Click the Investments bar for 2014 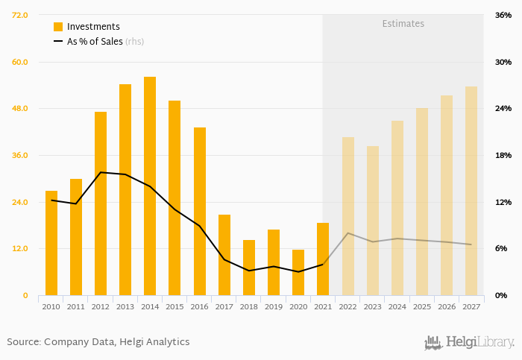150,186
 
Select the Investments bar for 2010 51,243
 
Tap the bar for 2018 249,268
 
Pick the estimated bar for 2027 471,191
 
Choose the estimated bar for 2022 348,216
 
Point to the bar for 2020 298,273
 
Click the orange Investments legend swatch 58,27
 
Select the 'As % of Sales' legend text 95,42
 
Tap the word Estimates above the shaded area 403,24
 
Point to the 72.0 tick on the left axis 20,15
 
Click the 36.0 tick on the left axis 20,155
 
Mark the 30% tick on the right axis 503,62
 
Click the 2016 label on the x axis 199,306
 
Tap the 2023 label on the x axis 372,306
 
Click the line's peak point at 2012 101,172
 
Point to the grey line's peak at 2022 348,233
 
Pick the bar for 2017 224,255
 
